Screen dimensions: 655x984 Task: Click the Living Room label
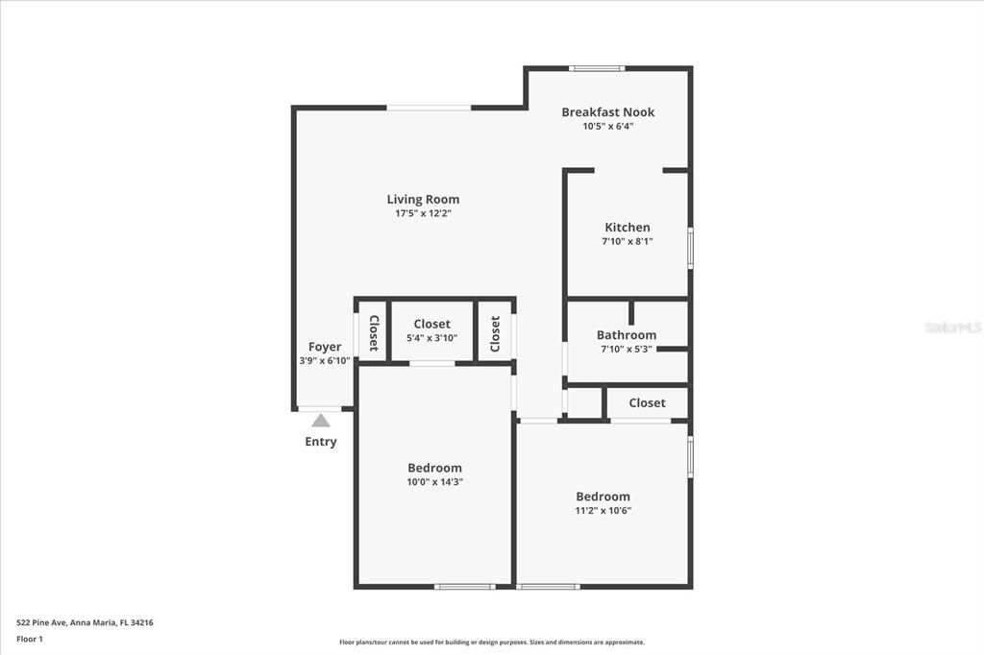tap(423, 200)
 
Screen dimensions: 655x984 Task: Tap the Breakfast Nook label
tap(607, 112)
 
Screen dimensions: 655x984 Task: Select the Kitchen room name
tap(627, 228)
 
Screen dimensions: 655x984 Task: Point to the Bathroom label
tap(626, 335)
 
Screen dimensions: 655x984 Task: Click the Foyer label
tap(325, 347)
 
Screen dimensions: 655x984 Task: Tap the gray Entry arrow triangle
tap(321, 421)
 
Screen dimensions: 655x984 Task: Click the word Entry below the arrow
tap(321, 442)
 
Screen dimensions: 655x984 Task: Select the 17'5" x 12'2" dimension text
tap(423, 213)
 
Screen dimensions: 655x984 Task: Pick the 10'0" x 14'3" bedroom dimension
tap(434, 482)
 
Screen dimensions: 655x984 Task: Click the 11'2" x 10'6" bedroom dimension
tap(603, 511)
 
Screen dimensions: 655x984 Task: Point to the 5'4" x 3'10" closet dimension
tap(431, 338)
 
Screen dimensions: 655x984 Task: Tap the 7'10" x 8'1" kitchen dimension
tap(627, 241)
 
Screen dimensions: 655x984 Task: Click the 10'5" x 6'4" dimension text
tap(607, 126)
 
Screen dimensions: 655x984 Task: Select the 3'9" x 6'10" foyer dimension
tap(325, 361)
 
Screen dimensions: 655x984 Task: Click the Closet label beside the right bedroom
tap(647, 403)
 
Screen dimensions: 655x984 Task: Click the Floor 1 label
tap(30, 639)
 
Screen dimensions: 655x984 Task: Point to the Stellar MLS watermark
tap(953, 327)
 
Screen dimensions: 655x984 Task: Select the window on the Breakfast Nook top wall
tap(597, 68)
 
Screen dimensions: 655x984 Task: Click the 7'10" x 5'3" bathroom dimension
tap(626, 349)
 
